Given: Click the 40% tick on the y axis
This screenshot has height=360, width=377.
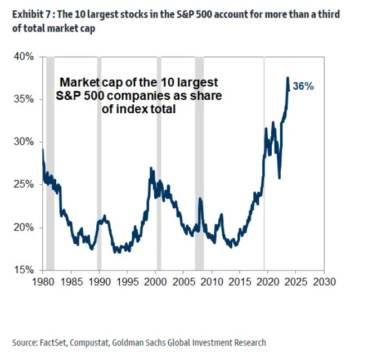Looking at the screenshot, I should [25, 57].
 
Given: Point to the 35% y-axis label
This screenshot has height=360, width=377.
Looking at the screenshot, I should [25, 99].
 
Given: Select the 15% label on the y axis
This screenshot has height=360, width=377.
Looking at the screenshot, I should [25, 269].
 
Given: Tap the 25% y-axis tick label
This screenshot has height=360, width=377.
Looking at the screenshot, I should [25, 184].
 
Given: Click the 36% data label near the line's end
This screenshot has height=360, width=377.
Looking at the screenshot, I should [303, 87].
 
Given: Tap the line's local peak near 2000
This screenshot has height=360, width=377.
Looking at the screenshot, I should [151, 168].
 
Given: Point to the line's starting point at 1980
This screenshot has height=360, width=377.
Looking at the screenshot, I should [43, 150].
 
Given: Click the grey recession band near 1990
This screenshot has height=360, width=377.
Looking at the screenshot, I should [100, 163].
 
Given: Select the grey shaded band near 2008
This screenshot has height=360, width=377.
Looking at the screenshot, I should [199, 163].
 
